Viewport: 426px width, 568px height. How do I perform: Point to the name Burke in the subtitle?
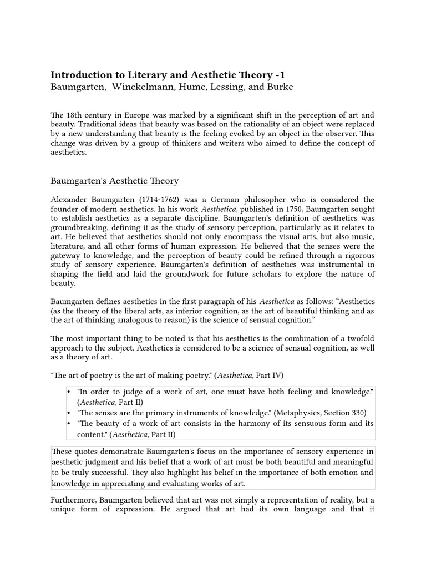coord(280,87)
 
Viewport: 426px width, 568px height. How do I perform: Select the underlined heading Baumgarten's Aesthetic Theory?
coord(115,181)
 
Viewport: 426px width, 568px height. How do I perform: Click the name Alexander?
coord(70,200)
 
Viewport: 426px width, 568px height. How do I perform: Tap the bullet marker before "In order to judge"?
coord(69,392)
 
